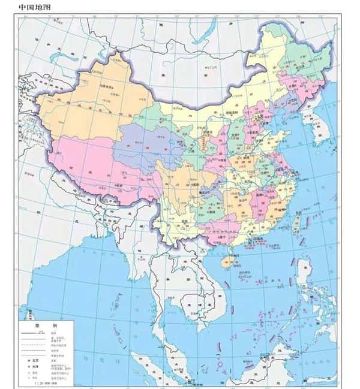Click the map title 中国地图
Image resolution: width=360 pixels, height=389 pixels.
35,8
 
